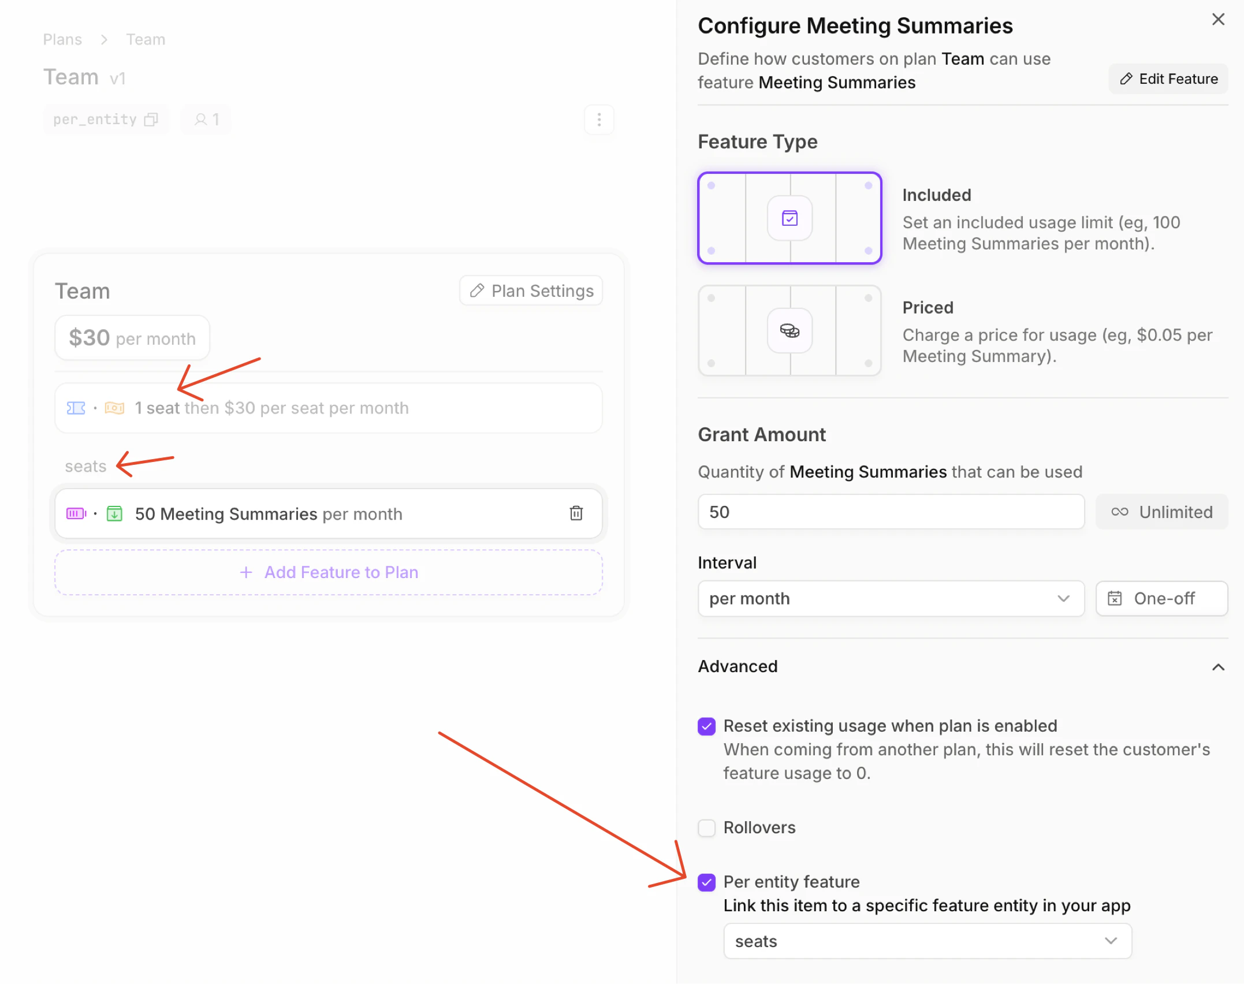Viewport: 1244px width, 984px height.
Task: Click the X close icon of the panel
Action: tap(1218, 20)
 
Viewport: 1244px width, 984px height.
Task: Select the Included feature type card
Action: tap(789, 218)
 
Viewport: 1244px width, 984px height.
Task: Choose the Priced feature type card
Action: tap(789, 331)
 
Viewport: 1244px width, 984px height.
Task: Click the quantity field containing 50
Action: tap(891, 512)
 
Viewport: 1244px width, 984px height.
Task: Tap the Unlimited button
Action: tap(1161, 512)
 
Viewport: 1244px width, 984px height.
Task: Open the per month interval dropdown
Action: tap(891, 598)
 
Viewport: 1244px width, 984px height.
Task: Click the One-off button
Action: tap(1161, 598)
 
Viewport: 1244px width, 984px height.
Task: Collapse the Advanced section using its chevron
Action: tap(1218, 667)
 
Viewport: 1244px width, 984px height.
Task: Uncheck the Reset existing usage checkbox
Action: tap(706, 726)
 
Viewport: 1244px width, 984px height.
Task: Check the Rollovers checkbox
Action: tap(706, 828)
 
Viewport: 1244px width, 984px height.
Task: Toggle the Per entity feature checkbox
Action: tap(706, 882)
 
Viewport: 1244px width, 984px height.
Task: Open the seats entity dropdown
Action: tap(927, 941)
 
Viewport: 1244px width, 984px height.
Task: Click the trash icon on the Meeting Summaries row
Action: tap(576, 513)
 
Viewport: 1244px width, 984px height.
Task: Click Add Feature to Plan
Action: tap(329, 572)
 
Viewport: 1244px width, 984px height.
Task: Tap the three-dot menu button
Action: tap(599, 120)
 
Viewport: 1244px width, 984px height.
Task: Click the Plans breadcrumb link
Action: tap(62, 39)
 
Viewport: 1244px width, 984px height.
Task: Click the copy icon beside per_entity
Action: tap(151, 120)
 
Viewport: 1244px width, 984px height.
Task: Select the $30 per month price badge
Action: tap(132, 338)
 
